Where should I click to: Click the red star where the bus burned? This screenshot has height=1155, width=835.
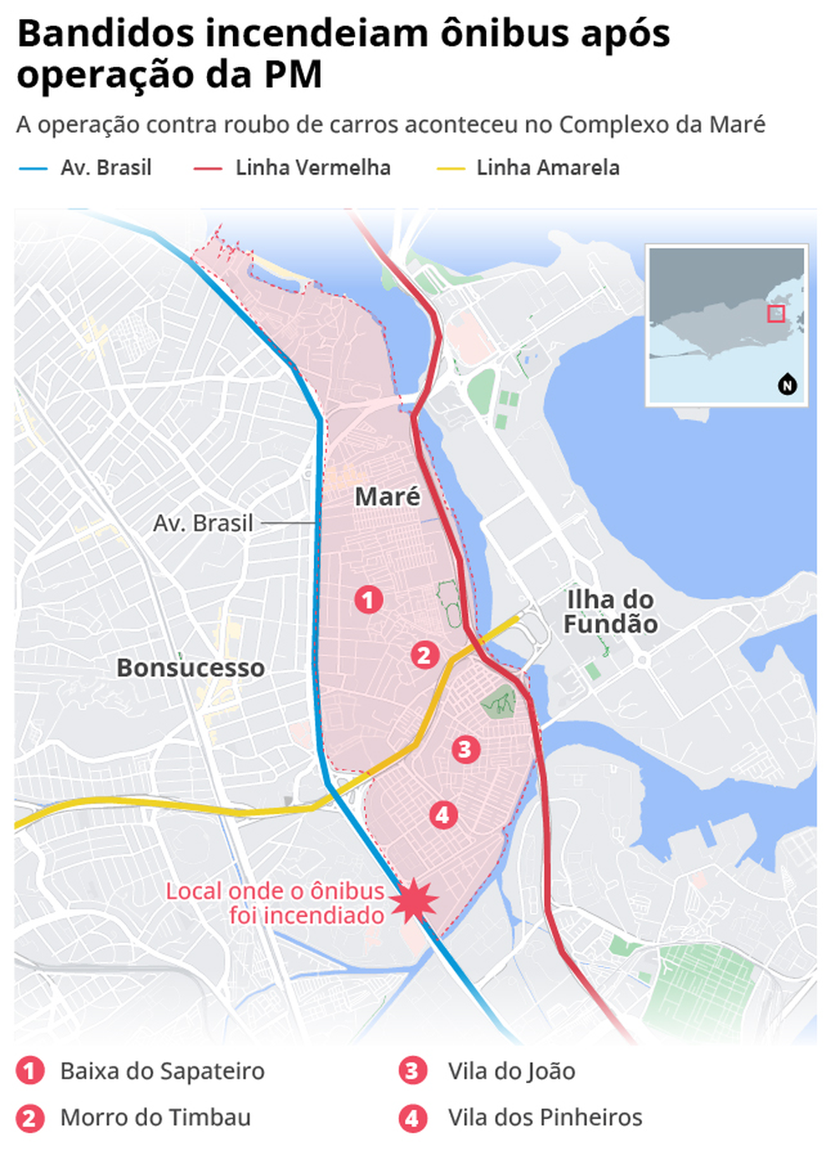[413, 900]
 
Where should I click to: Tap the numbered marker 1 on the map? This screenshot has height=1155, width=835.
[368, 599]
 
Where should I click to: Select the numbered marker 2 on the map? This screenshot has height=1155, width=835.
[424, 655]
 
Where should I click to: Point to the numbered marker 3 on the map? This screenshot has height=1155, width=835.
[465, 749]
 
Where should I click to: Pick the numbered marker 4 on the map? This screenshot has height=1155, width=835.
[443, 815]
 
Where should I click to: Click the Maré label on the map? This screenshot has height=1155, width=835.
[387, 497]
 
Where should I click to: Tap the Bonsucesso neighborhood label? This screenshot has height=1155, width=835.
[190, 668]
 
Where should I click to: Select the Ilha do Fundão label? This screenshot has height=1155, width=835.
[610, 612]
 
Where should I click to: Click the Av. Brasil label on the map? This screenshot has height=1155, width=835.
[203, 523]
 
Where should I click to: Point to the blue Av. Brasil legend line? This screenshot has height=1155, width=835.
[33, 169]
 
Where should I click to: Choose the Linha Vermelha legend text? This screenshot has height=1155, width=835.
[312, 168]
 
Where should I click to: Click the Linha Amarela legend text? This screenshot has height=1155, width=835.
[548, 168]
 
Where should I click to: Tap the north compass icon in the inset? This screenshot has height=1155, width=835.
[787, 385]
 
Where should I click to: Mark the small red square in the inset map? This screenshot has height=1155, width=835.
[776, 313]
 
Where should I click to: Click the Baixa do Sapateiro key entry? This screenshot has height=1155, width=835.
[162, 1071]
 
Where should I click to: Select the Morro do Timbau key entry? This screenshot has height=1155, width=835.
[155, 1117]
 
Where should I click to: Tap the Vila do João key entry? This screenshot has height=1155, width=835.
[511, 1071]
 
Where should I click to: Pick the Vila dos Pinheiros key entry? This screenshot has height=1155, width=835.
[544, 1117]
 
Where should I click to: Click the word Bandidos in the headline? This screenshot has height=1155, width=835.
[104, 35]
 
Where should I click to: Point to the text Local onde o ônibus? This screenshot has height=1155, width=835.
[275, 891]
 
